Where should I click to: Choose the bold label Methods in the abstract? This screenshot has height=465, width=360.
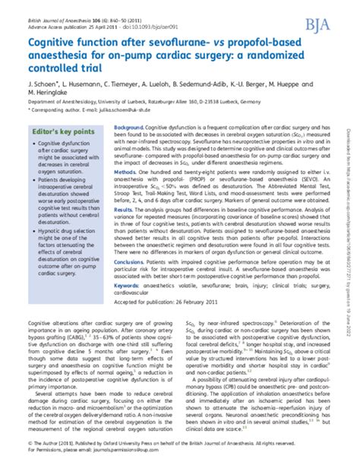tap(125, 172)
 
